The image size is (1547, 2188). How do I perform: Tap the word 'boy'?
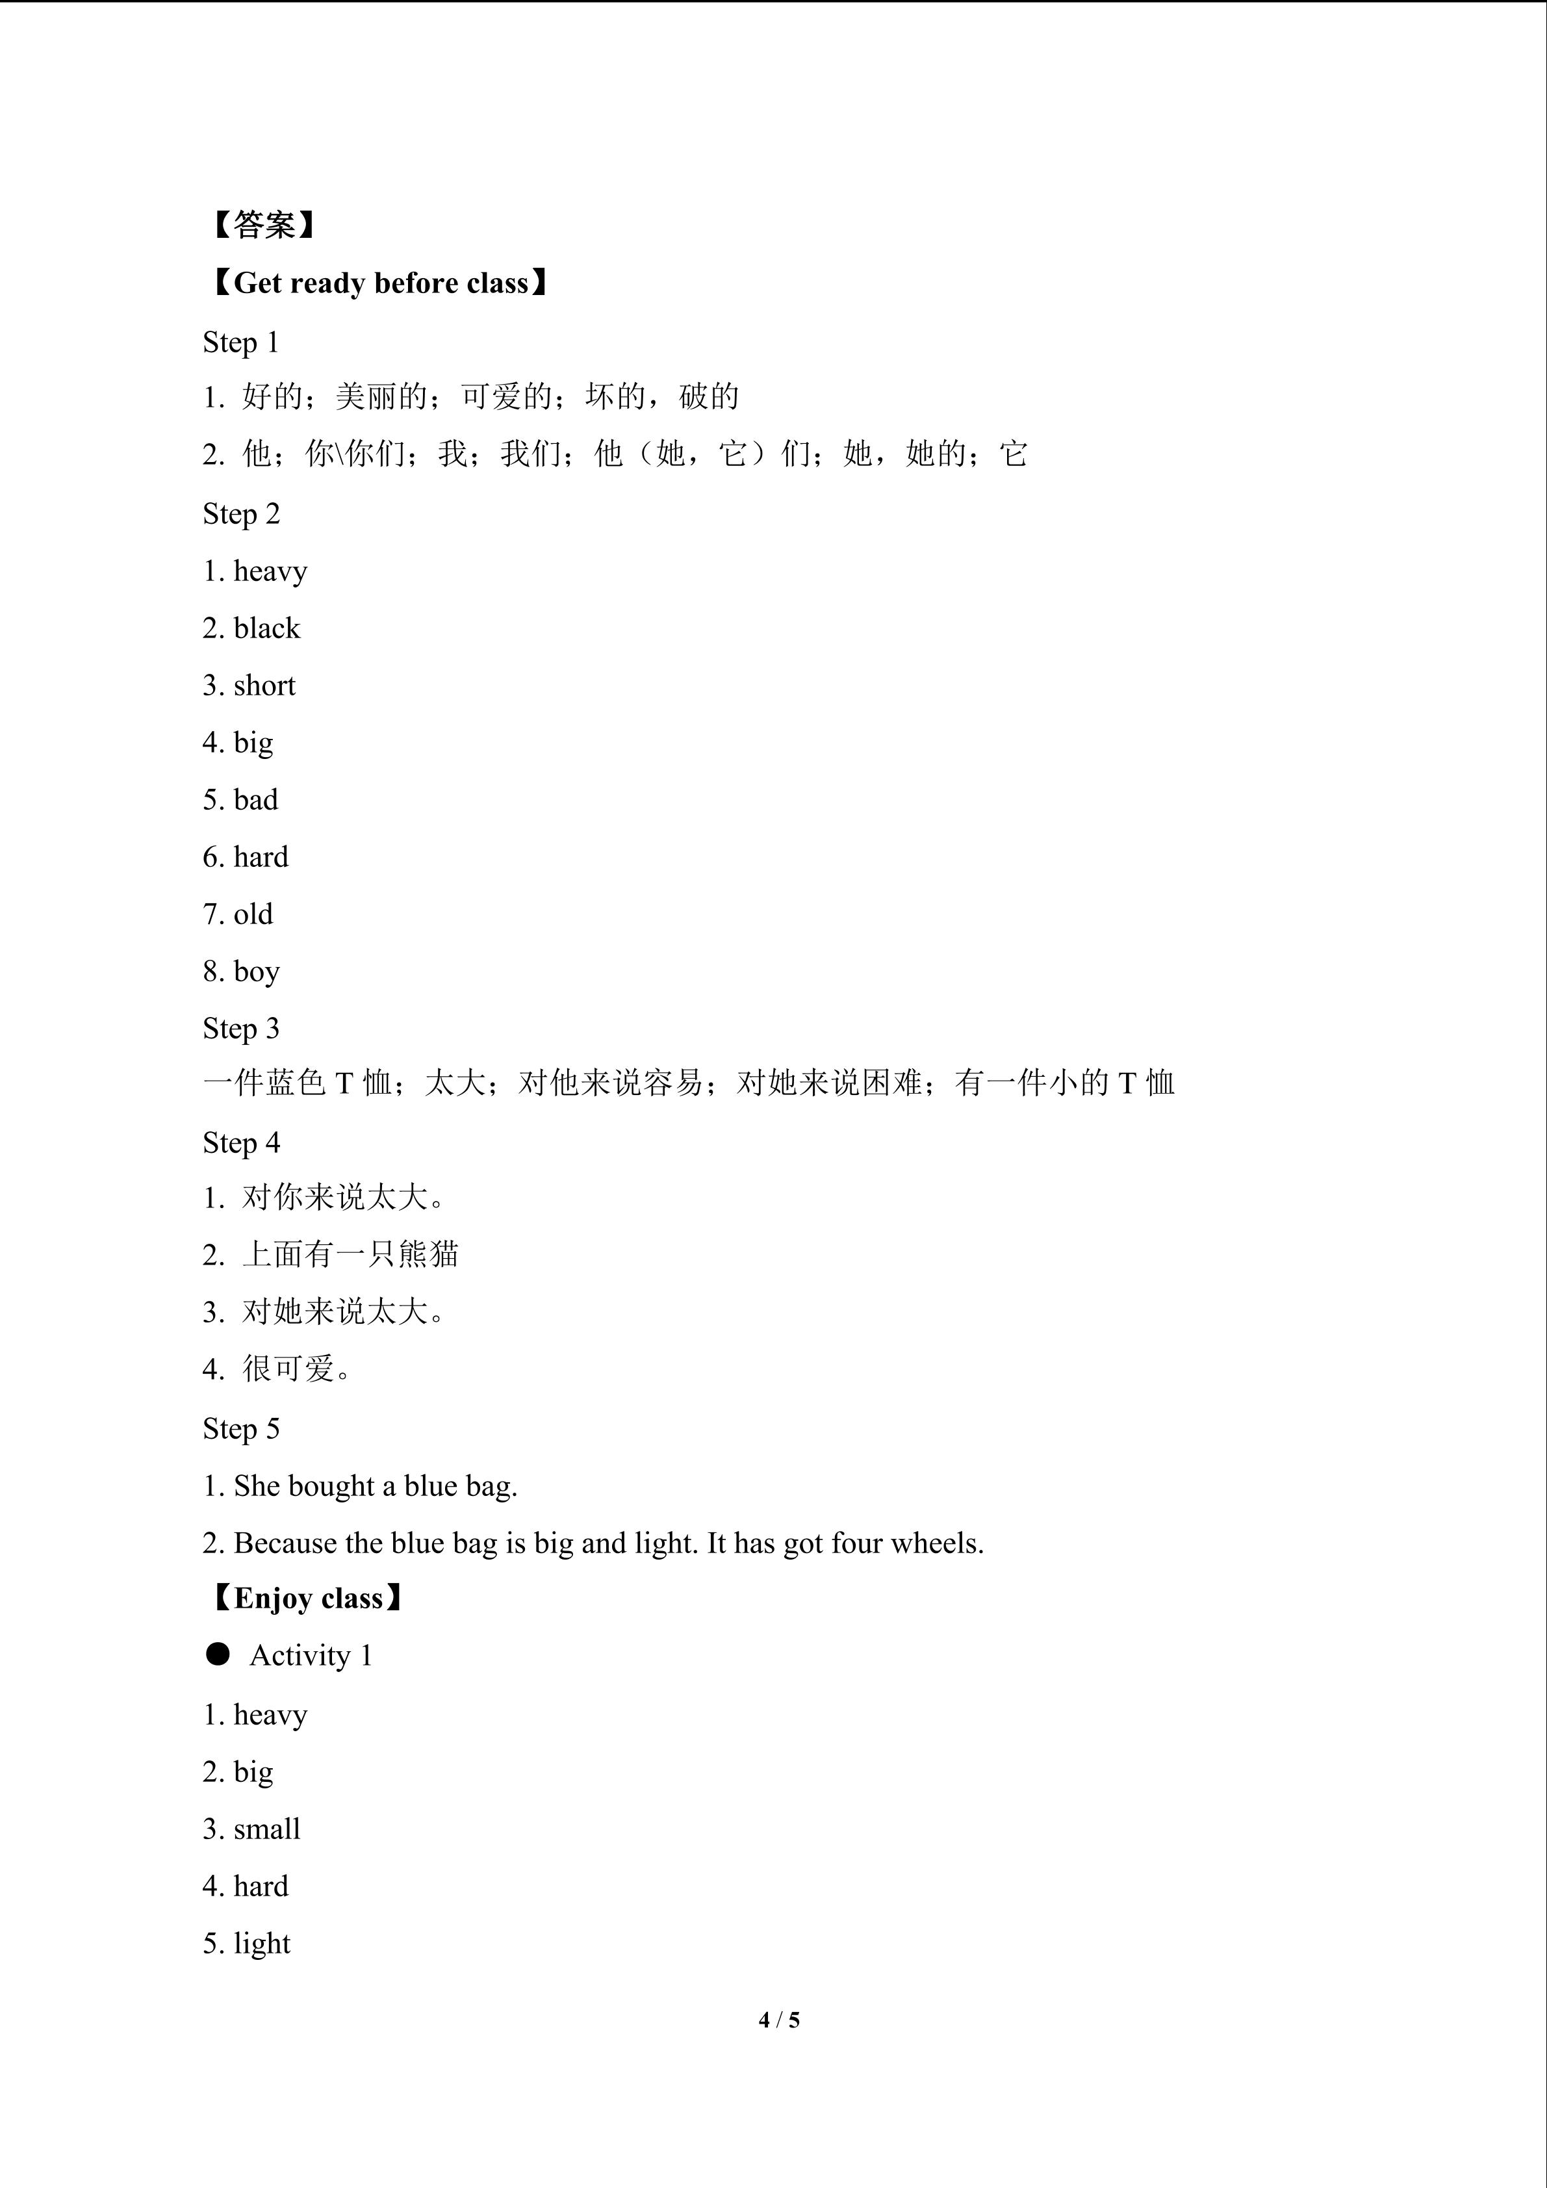pos(257,972)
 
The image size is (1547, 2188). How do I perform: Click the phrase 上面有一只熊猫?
pos(350,1254)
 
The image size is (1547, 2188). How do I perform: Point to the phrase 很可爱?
pos(288,1369)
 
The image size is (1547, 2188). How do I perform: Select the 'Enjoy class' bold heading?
pos(308,1598)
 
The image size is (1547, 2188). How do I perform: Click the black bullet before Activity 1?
pos(218,1654)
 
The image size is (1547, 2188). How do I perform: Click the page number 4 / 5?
pos(779,2019)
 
